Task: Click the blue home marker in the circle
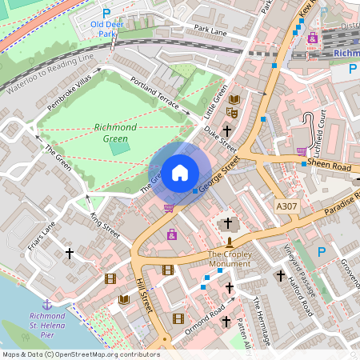(180, 172)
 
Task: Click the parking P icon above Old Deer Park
(106, 14)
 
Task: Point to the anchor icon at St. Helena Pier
(46, 304)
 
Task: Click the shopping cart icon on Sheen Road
(302, 151)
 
